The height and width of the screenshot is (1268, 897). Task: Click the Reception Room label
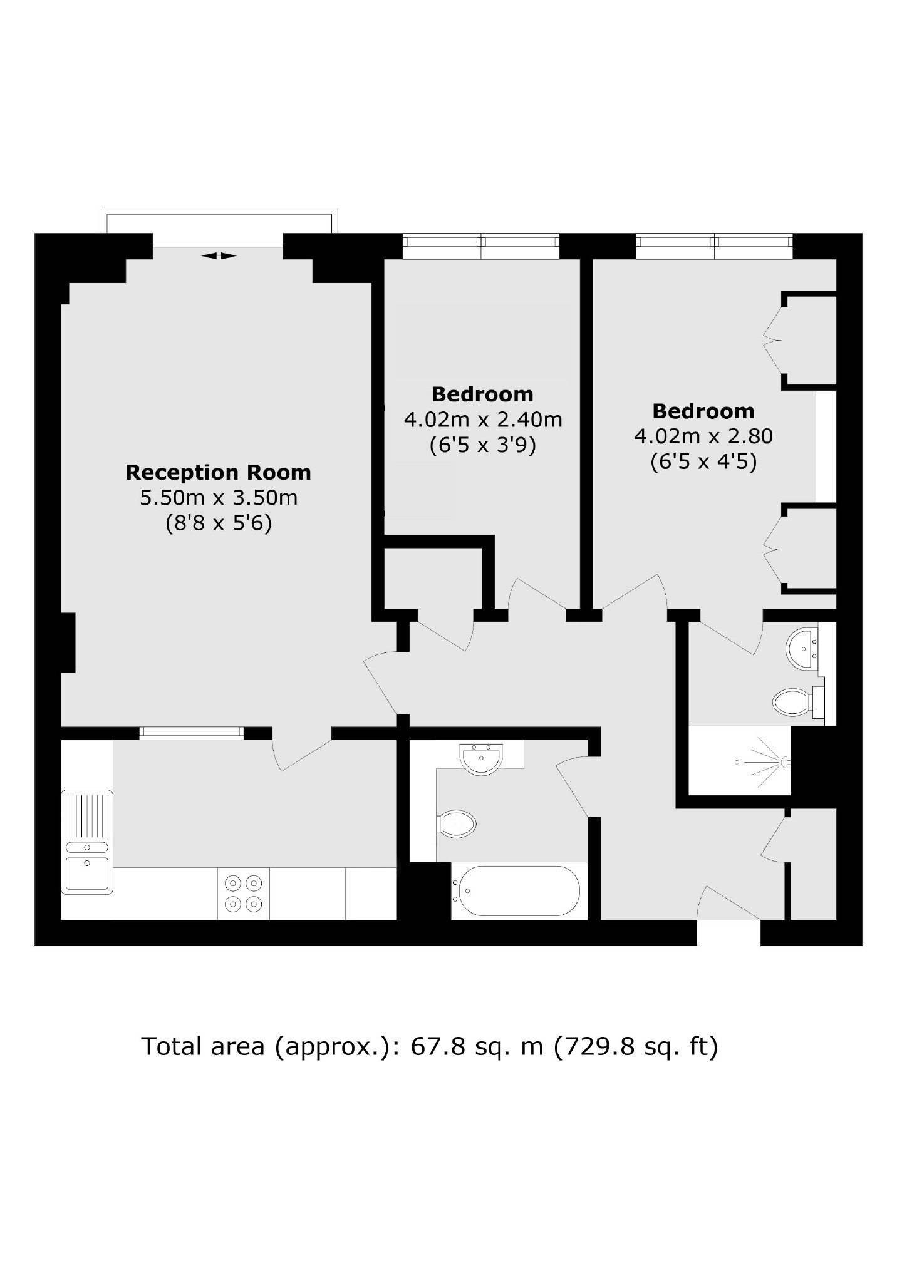tap(218, 472)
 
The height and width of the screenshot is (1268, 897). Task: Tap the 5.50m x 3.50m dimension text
tap(218, 498)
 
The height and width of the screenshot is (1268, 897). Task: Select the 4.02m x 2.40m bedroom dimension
tap(482, 420)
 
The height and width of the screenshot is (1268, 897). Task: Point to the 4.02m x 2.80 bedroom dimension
tap(703, 436)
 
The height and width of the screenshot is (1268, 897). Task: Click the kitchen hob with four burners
tap(244, 894)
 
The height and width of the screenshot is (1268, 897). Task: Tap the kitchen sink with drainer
tap(87, 841)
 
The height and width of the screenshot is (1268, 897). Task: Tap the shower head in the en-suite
tap(784, 761)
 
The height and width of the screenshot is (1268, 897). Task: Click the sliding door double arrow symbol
tap(219, 255)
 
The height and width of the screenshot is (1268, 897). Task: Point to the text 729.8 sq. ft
tap(636, 1046)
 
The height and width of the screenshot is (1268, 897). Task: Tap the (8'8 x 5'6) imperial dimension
tap(218, 523)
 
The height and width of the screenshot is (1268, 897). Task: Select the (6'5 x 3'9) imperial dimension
tap(482, 445)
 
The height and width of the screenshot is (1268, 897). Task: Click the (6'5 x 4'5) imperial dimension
tap(703, 462)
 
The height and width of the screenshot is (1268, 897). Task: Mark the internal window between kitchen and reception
tap(191, 733)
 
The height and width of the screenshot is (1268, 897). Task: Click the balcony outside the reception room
tap(220, 222)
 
